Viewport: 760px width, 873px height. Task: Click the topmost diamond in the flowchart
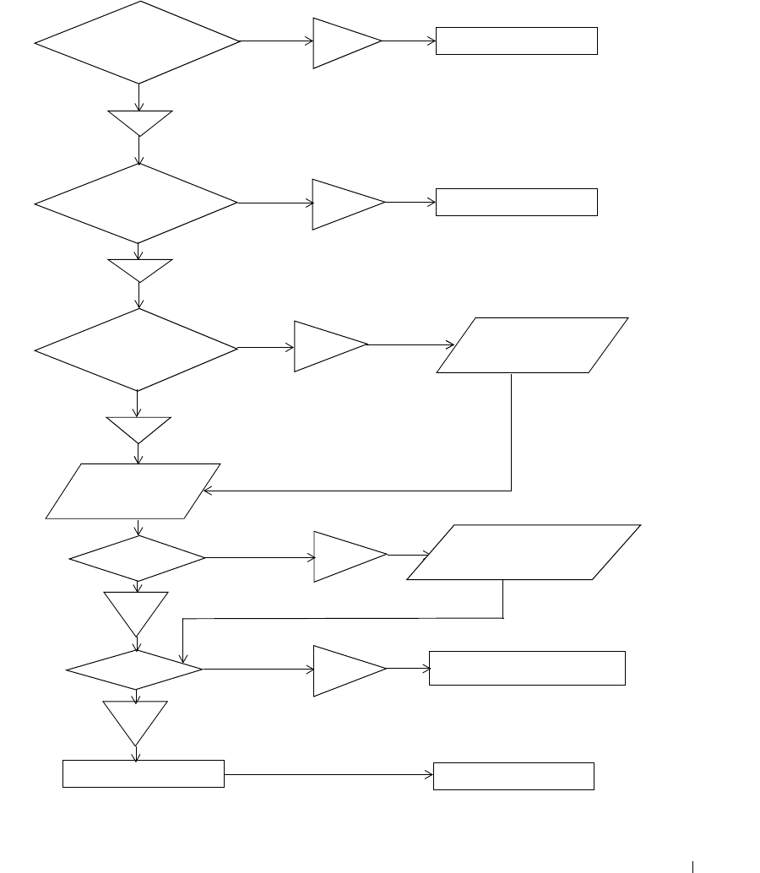point(138,41)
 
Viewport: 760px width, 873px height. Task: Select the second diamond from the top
point(137,203)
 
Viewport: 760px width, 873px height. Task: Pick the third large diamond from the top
point(137,349)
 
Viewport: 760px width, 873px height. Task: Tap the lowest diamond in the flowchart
point(135,670)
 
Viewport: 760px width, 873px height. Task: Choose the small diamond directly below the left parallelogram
point(137,558)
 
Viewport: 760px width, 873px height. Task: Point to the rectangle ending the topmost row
point(516,41)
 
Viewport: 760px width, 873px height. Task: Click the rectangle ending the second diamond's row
point(516,203)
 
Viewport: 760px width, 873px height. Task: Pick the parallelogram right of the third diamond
point(533,345)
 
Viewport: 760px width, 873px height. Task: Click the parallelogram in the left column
point(133,491)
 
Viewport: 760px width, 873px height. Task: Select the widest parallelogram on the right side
point(524,552)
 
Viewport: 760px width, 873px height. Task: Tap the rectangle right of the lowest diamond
point(527,668)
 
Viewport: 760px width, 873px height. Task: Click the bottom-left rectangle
point(144,774)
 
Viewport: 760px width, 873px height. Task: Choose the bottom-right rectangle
point(513,776)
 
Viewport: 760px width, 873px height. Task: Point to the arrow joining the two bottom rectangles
point(328,775)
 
